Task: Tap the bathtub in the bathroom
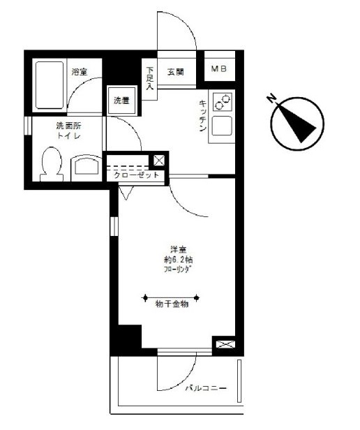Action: click(48, 85)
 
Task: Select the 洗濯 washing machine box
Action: click(122, 100)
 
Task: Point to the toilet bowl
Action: click(50, 165)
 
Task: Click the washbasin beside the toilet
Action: click(86, 168)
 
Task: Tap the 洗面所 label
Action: click(68, 126)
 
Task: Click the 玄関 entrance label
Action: click(175, 71)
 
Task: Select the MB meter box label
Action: click(219, 70)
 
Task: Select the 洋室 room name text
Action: click(177, 249)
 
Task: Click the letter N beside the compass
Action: click(273, 99)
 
